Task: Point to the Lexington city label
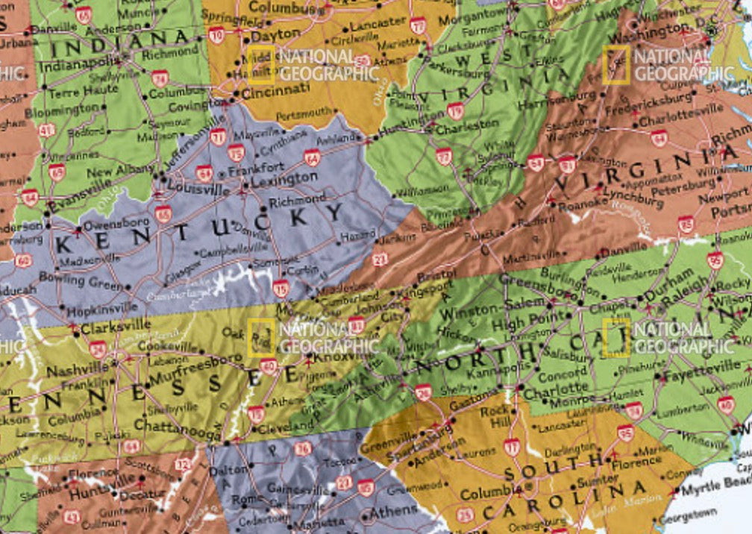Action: tap(283, 179)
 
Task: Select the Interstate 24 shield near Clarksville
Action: tap(98, 348)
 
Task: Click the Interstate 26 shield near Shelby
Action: tap(424, 392)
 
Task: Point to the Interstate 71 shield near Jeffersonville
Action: tap(218, 136)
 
